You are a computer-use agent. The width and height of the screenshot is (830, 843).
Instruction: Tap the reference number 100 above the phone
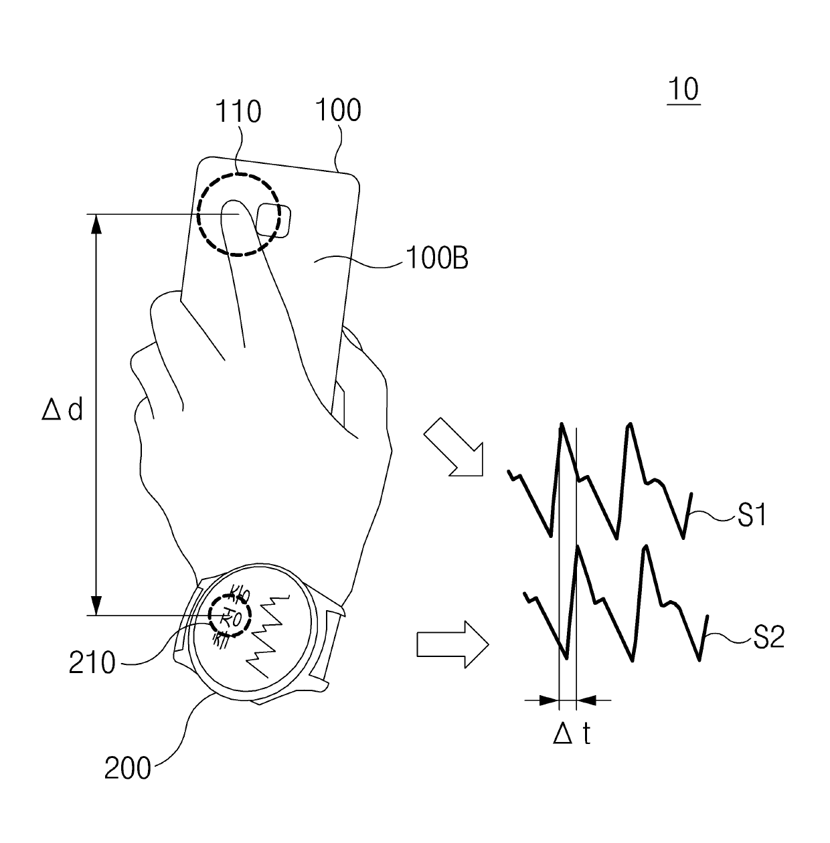click(x=339, y=110)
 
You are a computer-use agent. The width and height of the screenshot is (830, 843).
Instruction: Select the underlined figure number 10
click(x=683, y=90)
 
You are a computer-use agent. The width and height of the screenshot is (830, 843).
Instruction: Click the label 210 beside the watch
click(x=92, y=663)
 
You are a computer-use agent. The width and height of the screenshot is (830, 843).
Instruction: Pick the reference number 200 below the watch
click(x=127, y=769)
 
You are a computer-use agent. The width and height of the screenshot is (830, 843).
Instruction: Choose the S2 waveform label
click(x=768, y=638)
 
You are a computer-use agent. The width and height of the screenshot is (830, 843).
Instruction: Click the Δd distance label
click(x=62, y=409)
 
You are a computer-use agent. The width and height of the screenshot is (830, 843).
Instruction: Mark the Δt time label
click(x=572, y=735)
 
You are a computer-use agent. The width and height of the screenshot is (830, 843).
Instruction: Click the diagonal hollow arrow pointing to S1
click(x=454, y=447)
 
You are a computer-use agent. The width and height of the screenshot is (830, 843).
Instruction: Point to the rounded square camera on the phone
click(x=273, y=219)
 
